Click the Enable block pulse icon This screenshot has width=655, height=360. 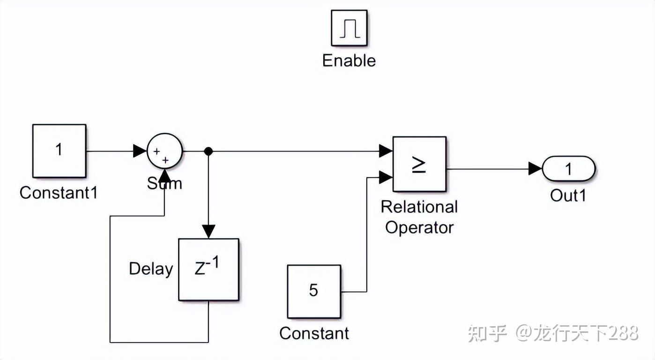coord(349,28)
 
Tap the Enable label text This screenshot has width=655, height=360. coord(349,60)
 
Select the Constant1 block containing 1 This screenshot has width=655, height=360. coord(59,150)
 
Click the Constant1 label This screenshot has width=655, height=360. coord(59,193)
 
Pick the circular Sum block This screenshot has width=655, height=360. coord(164,150)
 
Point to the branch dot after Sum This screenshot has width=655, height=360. coord(208,151)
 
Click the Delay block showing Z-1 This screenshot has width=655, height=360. coord(208,270)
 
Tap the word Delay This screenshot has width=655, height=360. coord(151,269)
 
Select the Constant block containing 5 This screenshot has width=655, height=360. coord(314,291)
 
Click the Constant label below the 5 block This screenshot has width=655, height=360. coord(314,333)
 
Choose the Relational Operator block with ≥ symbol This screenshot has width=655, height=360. coord(419,164)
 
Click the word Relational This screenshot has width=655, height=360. coord(419,207)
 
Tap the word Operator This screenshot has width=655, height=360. coord(419,227)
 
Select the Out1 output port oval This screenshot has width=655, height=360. coord(568,169)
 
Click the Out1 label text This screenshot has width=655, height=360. coord(568,195)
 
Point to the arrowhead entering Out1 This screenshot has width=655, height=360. coord(535,169)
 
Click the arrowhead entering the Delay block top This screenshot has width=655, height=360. coord(208,232)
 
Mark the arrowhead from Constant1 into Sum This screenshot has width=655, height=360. coord(140,151)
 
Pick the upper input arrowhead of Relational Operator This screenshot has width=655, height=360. coord(386,151)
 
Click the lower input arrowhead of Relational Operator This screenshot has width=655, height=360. coord(386,177)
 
